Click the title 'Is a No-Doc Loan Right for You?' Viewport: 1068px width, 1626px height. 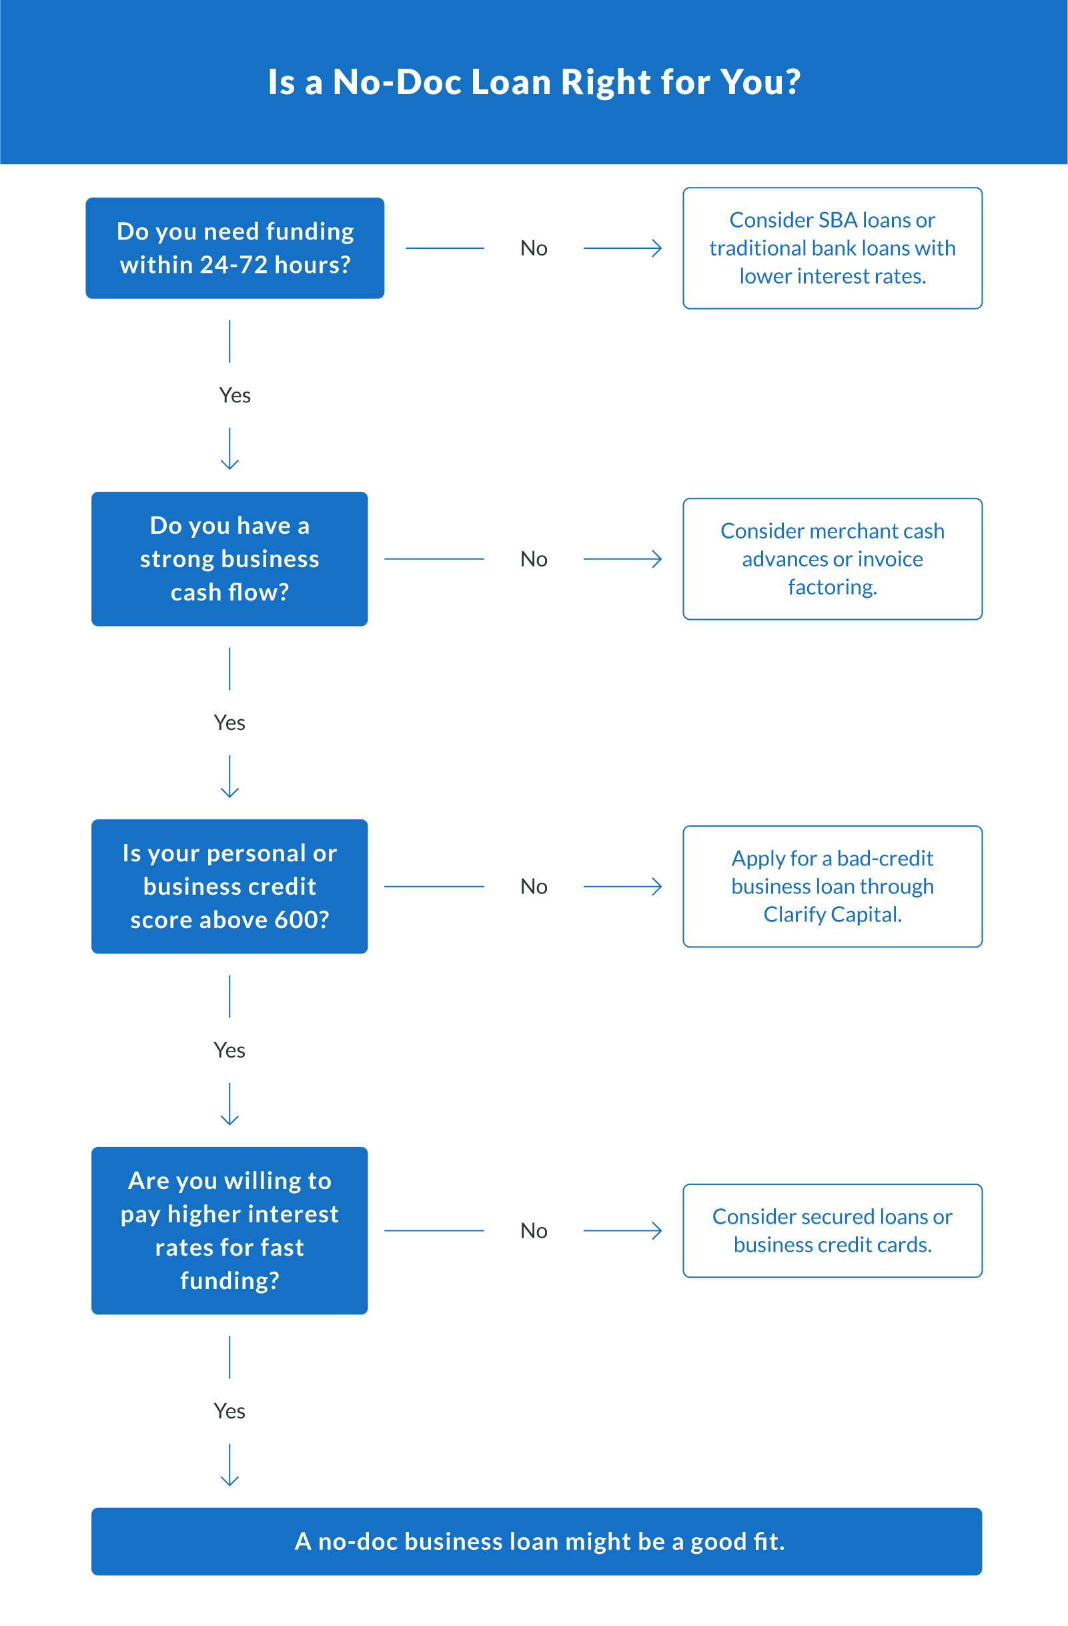click(x=533, y=82)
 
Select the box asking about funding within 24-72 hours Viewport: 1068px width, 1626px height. click(x=235, y=248)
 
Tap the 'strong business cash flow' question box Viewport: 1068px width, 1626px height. click(x=229, y=559)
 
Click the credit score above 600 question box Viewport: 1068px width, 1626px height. click(x=229, y=886)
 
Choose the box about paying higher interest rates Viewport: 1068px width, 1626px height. click(x=229, y=1230)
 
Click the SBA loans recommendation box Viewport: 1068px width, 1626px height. click(x=832, y=248)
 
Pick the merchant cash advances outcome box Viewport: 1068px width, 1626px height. click(x=832, y=559)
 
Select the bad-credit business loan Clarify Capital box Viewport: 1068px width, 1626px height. click(x=832, y=886)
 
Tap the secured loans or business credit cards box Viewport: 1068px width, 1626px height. click(x=832, y=1230)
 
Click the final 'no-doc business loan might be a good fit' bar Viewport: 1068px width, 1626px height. click(x=537, y=1541)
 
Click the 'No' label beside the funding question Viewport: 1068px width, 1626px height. click(x=533, y=248)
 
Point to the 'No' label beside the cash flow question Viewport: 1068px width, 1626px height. click(x=533, y=559)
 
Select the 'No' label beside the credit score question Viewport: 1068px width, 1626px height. click(x=533, y=886)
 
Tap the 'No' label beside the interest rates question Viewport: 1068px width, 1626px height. click(x=533, y=1230)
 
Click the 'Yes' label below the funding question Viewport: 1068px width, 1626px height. click(x=234, y=395)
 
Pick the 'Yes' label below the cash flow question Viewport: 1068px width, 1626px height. click(x=229, y=722)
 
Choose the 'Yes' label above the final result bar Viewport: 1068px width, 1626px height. click(x=229, y=1410)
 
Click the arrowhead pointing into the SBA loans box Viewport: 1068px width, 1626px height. click(x=657, y=248)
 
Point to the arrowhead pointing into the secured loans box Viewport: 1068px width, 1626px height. click(x=657, y=1230)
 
